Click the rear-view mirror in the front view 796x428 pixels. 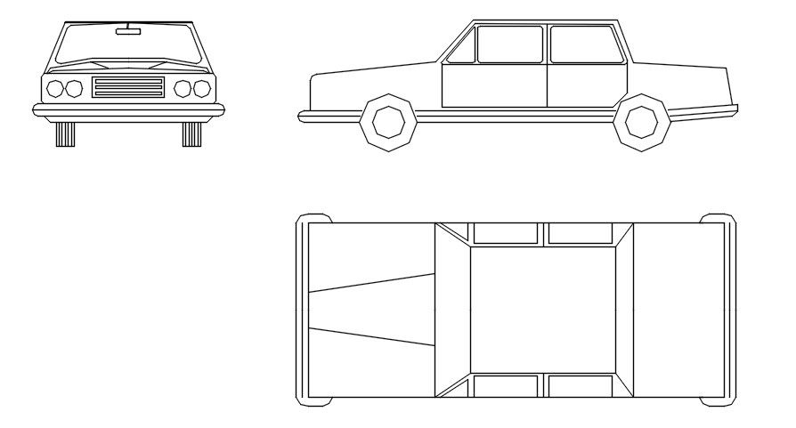click(128, 31)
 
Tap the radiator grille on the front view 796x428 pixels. click(128, 87)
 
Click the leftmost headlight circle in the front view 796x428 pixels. click(55, 88)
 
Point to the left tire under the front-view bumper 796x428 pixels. click(65, 133)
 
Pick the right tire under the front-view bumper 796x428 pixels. click(191, 133)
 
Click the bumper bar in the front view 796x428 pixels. click(128, 109)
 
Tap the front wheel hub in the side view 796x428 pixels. click(389, 122)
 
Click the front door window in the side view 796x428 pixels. click(509, 44)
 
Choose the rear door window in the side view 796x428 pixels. click(585, 44)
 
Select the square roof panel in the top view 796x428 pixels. click(542, 310)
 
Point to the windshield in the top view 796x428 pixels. click(451, 310)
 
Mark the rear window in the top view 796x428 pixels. click(624, 310)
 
